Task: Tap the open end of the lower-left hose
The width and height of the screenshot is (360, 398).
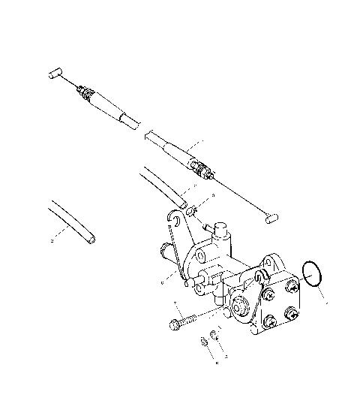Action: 90,241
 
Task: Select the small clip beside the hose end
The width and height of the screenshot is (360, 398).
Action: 193,210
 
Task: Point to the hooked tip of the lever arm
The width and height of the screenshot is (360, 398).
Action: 174,218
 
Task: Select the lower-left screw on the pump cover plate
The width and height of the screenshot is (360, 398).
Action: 267,324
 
